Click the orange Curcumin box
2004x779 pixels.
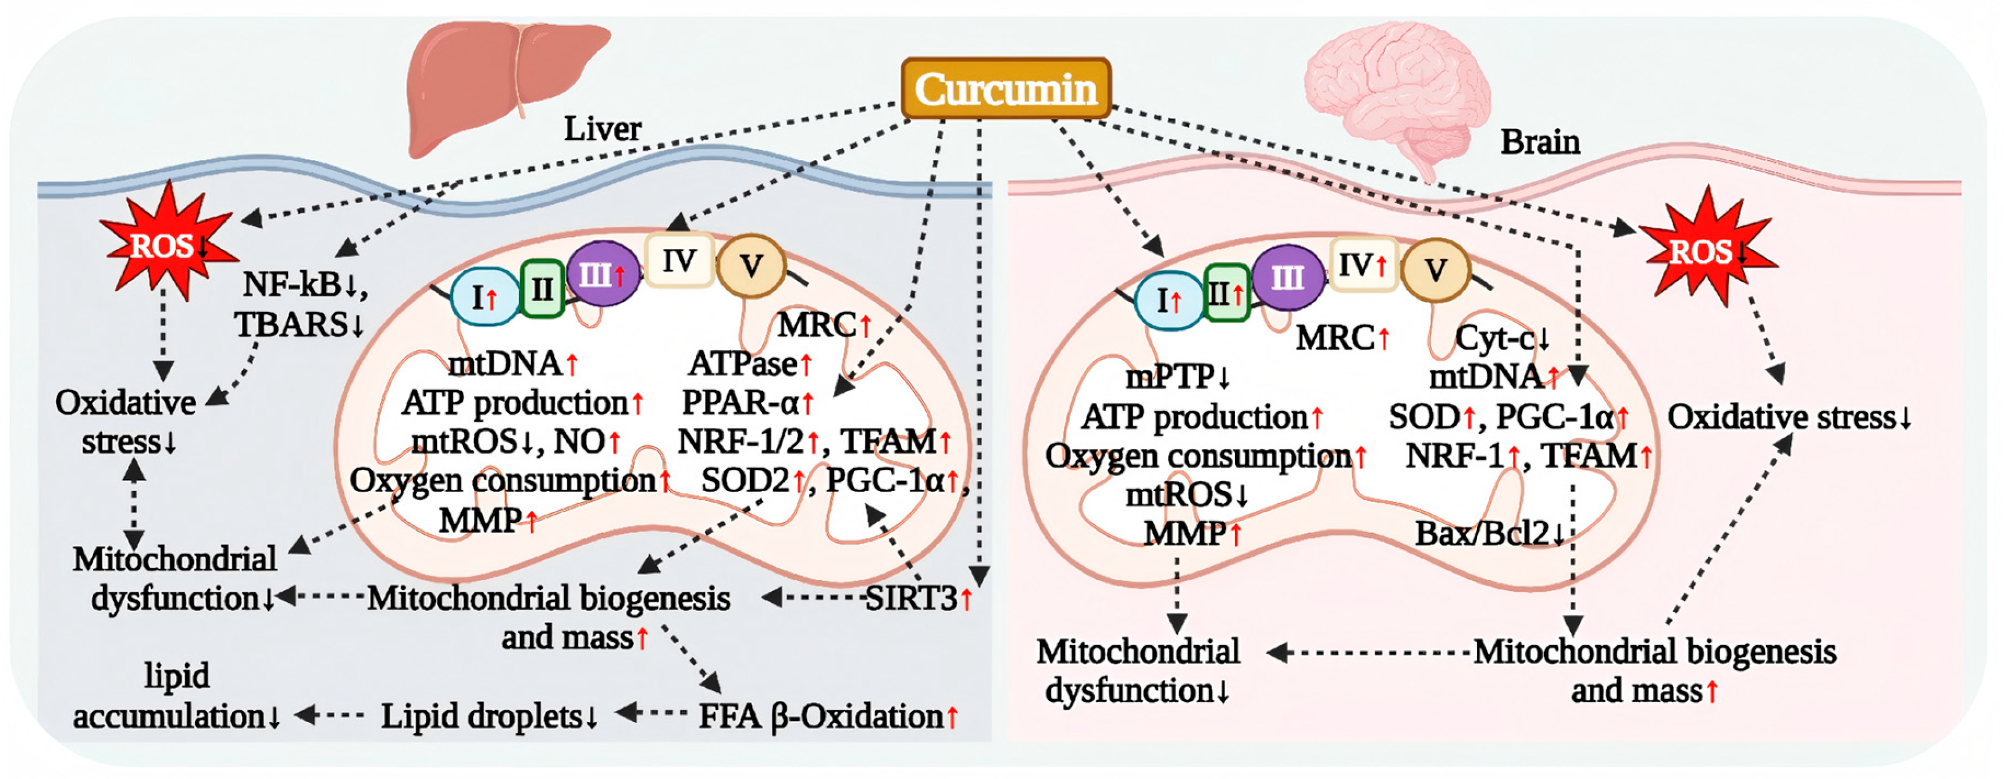[x=1005, y=88]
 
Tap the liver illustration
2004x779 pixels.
[x=506, y=81]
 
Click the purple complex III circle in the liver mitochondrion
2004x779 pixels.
[x=600, y=274]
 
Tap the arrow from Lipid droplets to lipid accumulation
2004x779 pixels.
[x=330, y=714]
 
